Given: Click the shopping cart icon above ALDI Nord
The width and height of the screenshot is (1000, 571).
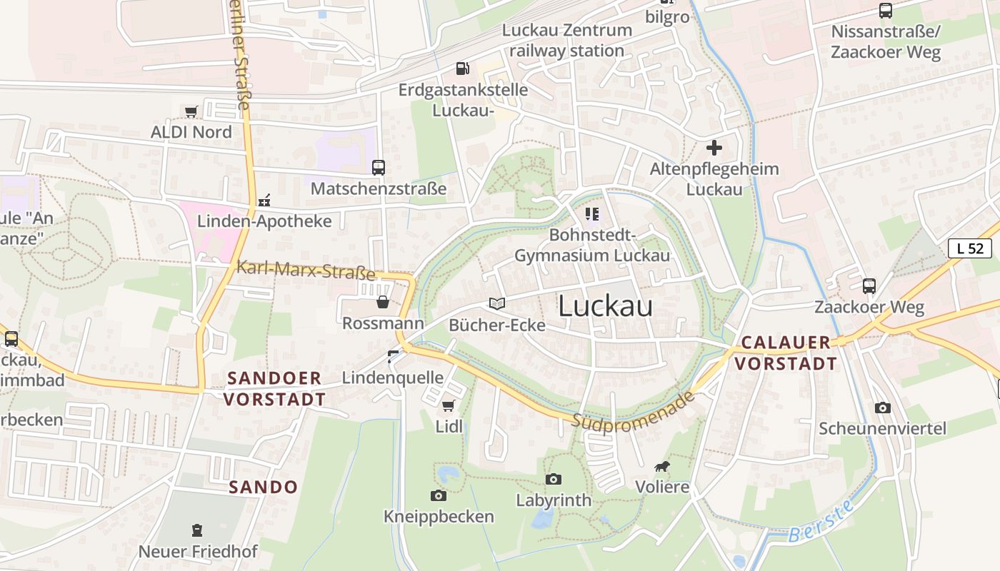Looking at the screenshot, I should [191, 111].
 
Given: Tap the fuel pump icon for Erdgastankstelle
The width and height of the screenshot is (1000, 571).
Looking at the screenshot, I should [463, 69].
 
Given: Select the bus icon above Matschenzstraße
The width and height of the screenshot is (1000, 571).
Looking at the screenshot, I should [379, 168].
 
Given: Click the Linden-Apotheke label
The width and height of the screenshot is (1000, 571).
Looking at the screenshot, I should [264, 221].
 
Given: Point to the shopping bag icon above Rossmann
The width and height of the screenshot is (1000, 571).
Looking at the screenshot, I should [383, 302].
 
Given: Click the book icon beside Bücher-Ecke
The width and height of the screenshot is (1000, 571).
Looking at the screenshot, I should [497, 303].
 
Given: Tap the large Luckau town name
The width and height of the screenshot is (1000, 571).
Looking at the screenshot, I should [605, 306].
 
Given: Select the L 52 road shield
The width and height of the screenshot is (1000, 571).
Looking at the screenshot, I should [970, 248].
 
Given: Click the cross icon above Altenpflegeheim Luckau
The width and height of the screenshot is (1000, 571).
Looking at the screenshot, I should [714, 148].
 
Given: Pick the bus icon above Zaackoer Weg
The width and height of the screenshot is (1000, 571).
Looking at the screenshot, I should [869, 286].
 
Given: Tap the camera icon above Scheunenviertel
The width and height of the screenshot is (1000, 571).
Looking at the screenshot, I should [883, 408].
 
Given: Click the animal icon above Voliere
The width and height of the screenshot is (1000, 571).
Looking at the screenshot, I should [662, 467].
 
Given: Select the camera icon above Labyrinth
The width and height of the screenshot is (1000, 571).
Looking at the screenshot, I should [554, 479].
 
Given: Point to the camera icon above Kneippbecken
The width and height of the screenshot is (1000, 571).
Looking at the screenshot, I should [439, 495].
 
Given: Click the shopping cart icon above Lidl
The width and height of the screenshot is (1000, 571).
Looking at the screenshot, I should [449, 405].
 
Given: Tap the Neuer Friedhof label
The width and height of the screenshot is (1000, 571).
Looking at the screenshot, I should [198, 552].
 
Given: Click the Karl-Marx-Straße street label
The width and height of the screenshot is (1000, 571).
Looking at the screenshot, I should [306, 271].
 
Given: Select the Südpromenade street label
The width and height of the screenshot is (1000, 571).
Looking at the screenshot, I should [633, 410].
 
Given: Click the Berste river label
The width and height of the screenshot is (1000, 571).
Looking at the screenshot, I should [822, 522].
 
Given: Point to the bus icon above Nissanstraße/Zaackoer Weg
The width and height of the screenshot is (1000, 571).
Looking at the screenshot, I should [886, 11].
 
